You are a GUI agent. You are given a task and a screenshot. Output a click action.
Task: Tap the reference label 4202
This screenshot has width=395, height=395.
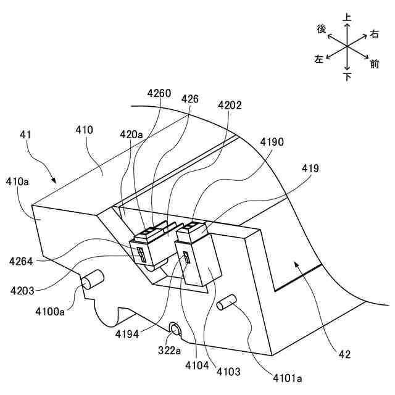[229, 106]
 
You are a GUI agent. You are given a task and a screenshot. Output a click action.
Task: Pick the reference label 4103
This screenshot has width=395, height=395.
[228, 372]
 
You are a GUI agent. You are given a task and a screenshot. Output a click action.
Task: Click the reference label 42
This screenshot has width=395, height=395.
[344, 354]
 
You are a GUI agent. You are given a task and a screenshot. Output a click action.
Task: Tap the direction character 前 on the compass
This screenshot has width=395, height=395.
[374, 64]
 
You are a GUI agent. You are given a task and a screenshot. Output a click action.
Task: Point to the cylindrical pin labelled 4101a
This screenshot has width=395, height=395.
[227, 302]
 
